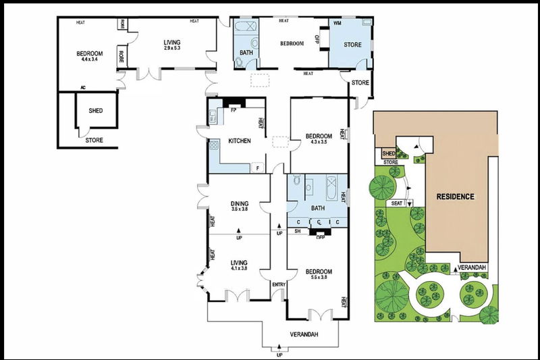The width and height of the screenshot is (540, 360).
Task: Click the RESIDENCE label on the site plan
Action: [455, 197]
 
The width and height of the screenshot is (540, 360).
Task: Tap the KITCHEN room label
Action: [240, 141]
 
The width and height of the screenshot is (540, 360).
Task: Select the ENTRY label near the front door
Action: [279, 284]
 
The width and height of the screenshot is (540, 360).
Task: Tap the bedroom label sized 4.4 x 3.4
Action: [89, 57]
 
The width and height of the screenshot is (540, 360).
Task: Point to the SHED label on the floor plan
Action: [96, 111]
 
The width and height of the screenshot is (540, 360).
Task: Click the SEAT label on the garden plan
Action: [397, 203]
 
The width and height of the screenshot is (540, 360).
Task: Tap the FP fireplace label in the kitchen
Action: [234, 109]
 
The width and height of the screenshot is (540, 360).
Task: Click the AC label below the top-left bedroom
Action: [82, 88]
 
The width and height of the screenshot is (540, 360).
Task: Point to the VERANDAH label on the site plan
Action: [473, 268]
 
